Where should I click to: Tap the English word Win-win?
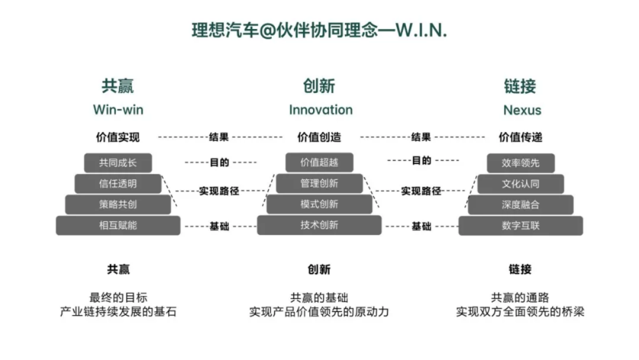coord(118,110)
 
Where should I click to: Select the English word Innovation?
coord(320,110)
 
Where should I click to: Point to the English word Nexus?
coord(522,110)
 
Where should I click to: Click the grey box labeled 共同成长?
coord(118,163)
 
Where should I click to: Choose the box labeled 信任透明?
coord(118,184)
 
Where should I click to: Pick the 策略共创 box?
coord(118,204)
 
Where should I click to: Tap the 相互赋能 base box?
coord(118,225)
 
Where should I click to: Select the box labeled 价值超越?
coord(319,163)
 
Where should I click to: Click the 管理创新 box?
coord(319,184)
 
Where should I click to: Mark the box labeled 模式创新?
coord(319,204)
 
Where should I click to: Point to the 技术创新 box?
coord(319,225)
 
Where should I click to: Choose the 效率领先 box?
coord(521,163)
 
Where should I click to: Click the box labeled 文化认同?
coord(521,184)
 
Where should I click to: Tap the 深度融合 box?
coord(521,204)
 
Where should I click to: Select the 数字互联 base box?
coord(521,225)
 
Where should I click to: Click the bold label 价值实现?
coord(118,137)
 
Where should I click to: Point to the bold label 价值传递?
coord(521,137)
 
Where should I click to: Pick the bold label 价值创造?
coord(319,137)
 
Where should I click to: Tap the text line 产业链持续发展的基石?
coord(118,311)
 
